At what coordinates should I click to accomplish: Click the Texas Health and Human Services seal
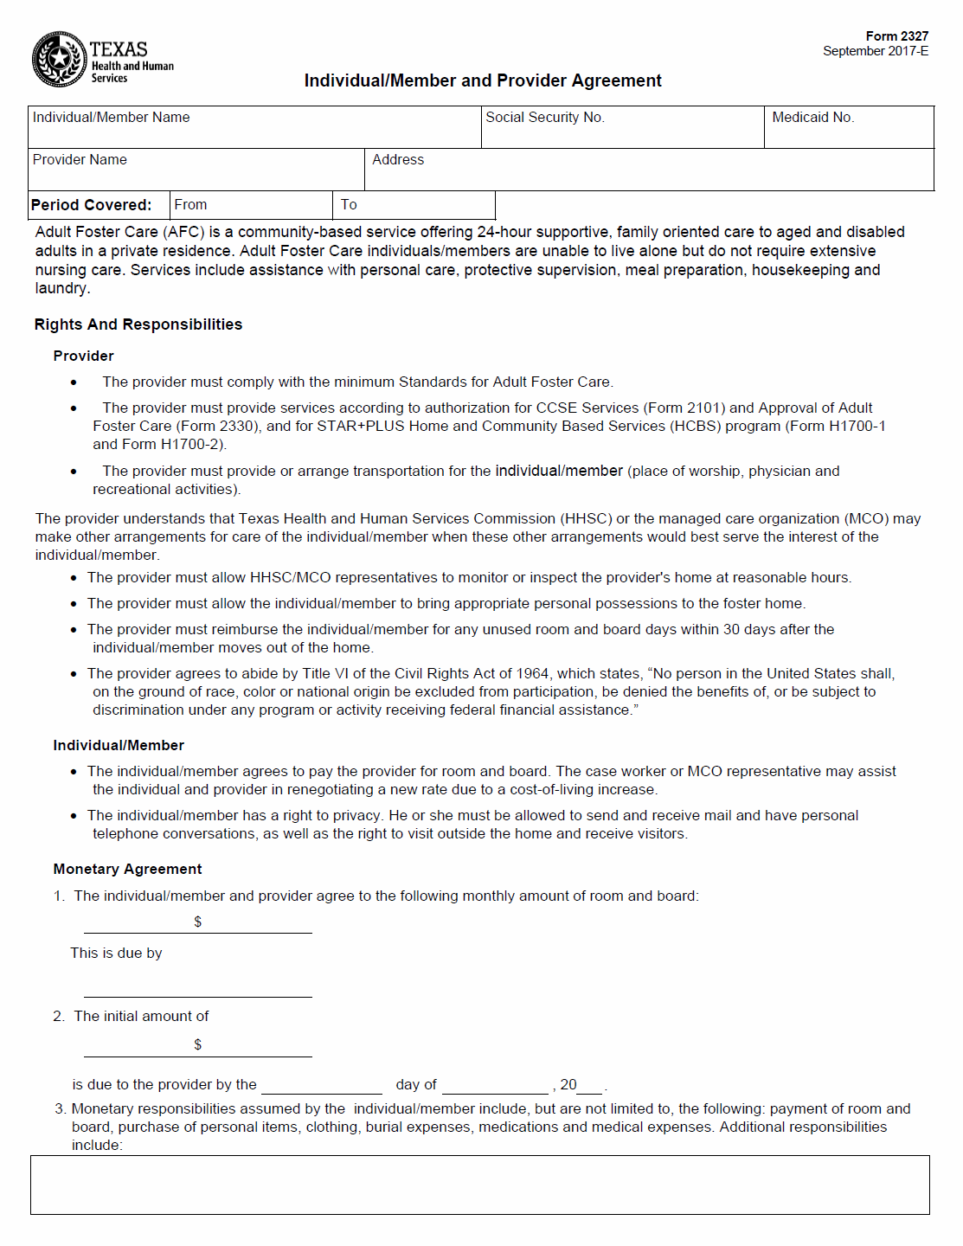coord(59,59)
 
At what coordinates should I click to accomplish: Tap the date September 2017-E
coord(875,51)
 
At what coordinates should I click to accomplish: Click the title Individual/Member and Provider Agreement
coord(483,80)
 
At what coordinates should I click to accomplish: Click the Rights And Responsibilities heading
coord(138,324)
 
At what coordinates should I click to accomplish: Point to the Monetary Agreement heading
coord(127,869)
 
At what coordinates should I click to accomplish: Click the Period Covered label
coord(91,205)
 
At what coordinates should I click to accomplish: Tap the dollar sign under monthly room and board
coord(198,922)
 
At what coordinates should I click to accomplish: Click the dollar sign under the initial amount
coord(198,1044)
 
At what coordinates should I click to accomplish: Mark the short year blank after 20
coord(590,1086)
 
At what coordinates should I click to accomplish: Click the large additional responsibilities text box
coord(479,1185)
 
